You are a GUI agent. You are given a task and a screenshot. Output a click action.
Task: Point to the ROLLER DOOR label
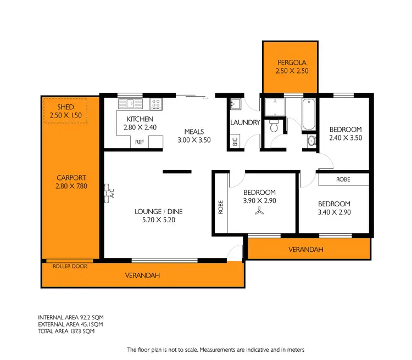coord(70,266)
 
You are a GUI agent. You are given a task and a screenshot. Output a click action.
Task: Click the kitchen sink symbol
coord(130,103)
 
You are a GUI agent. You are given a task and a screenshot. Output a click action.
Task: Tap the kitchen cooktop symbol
coord(156,103)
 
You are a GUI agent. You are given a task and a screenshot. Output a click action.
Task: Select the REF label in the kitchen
coord(140,142)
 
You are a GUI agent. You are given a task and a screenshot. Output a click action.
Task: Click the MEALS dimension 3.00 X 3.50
coord(194,140)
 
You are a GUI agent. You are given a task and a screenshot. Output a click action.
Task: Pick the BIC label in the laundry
coord(235,142)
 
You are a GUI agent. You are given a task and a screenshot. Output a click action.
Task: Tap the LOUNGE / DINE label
coord(158,211)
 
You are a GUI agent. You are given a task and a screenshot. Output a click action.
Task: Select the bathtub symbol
coord(307,114)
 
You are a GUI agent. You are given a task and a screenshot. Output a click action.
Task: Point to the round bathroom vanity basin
coord(311,140)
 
